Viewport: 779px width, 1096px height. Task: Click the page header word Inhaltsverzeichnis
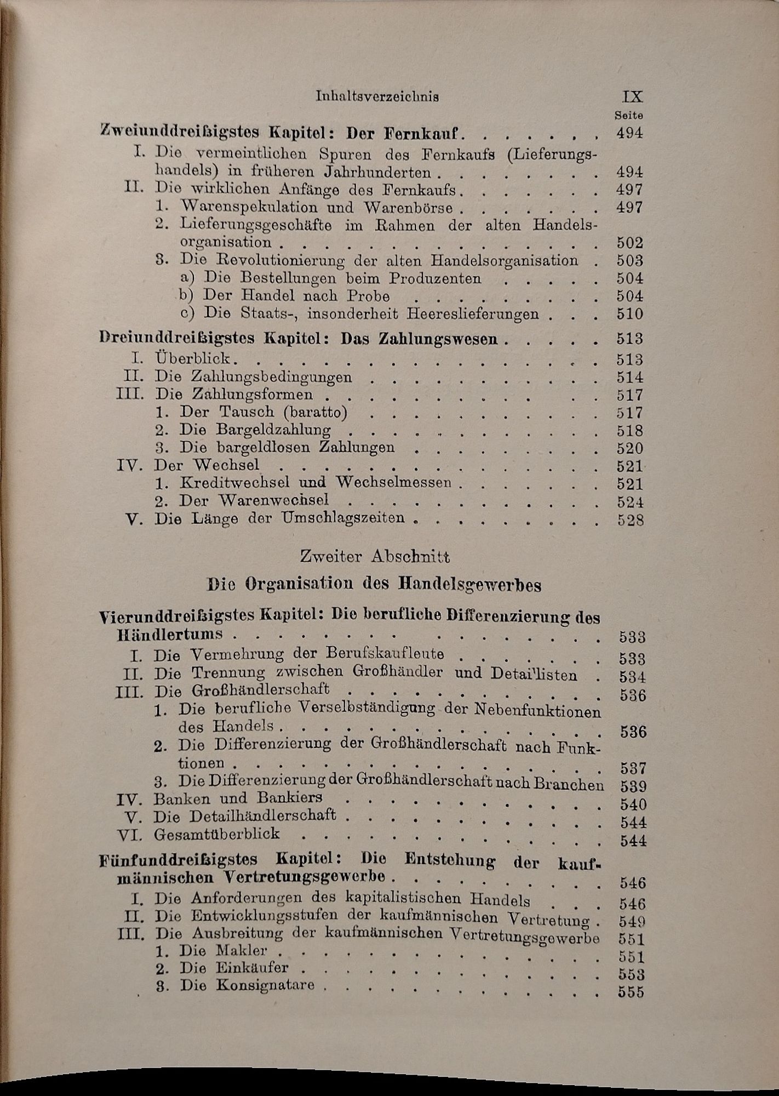(x=377, y=96)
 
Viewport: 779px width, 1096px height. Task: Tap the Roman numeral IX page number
(x=632, y=96)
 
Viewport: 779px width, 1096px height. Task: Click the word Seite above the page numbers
(x=628, y=116)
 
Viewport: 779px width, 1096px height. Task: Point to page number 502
(x=629, y=243)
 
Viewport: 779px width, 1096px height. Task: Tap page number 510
(x=629, y=314)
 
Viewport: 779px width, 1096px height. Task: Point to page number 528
(x=631, y=520)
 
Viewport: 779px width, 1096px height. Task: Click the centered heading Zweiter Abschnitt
(x=375, y=557)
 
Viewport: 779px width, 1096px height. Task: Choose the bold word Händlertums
(x=170, y=635)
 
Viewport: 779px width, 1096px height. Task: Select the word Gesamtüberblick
(x=217, y=834)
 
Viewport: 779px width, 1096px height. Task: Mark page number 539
(x=633, y=786)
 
